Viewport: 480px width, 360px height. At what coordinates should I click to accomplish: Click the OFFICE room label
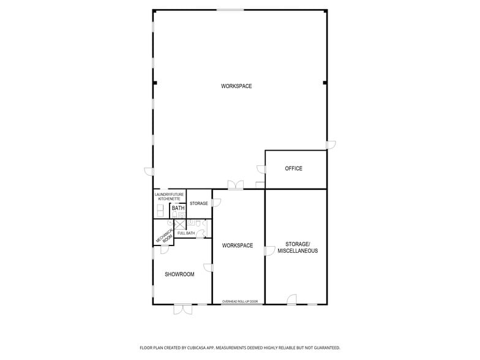293,168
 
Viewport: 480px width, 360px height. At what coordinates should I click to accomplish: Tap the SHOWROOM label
179,274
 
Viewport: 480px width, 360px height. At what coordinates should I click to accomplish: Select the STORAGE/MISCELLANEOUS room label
298,247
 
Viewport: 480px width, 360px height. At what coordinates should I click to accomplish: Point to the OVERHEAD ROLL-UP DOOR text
240,301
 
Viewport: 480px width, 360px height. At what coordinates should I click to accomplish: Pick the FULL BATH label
186,233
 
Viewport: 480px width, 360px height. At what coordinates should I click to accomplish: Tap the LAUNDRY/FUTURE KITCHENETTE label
169,197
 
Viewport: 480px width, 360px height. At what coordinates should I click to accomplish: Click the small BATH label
178,208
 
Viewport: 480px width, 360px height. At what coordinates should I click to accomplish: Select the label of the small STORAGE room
198,203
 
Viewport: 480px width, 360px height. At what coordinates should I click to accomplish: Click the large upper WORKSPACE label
236,86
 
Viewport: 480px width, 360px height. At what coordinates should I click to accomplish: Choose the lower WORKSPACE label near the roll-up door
238,246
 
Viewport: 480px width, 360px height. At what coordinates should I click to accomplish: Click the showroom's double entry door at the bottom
183,309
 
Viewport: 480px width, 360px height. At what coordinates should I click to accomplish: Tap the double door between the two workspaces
236,185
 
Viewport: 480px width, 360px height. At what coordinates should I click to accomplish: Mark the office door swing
261,169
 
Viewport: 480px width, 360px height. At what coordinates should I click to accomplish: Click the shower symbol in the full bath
180,224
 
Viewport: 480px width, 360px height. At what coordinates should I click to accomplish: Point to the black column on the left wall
155,83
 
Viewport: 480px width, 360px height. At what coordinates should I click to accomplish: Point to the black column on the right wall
324,83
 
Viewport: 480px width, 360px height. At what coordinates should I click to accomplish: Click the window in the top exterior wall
230,10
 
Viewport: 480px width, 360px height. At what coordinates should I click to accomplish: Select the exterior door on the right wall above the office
331,145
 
